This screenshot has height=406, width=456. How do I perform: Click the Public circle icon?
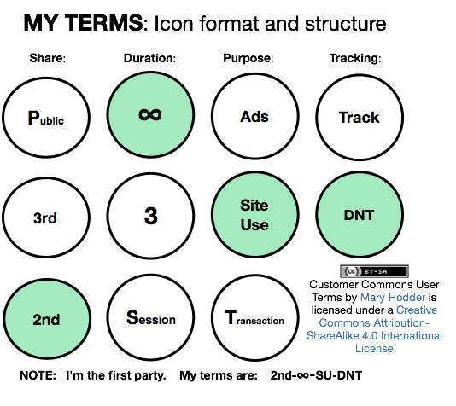(x=46, y=118)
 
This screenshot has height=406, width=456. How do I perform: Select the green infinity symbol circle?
(x=150, y=114)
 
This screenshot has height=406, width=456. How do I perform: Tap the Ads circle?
(x=255, y=116)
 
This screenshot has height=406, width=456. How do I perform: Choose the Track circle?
(x=360, y=118)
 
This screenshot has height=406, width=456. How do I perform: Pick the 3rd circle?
(x=46, y=217)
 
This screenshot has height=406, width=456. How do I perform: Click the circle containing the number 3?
(x=150, y=216)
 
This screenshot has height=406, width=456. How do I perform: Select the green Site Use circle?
(x=255, y=215)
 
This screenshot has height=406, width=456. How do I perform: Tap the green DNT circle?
(x=360, y=215)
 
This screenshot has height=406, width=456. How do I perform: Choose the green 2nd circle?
(x=47, y=319)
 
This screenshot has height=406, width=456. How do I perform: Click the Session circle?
(x=150, y=317)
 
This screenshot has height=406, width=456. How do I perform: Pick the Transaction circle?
(x=255, y=317)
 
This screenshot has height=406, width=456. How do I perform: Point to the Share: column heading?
(x=48, y=58)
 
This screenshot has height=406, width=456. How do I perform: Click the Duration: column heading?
(x=149, y=58)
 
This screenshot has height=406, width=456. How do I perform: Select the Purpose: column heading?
(x=248, y=58)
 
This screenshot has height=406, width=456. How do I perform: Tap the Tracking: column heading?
(x=355, y=58)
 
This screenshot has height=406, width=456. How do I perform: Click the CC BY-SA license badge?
(x=374, y=271)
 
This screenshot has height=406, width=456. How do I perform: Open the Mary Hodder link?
(x=393, y=297)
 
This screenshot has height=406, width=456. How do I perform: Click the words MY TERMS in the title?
(x=83, y=23)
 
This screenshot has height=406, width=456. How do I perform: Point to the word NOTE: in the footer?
(x=38, y=375)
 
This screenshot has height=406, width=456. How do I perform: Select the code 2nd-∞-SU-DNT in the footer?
(x=316, y=375)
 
